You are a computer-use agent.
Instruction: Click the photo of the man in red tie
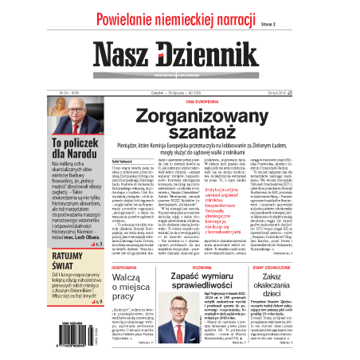[x=181, y=315]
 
